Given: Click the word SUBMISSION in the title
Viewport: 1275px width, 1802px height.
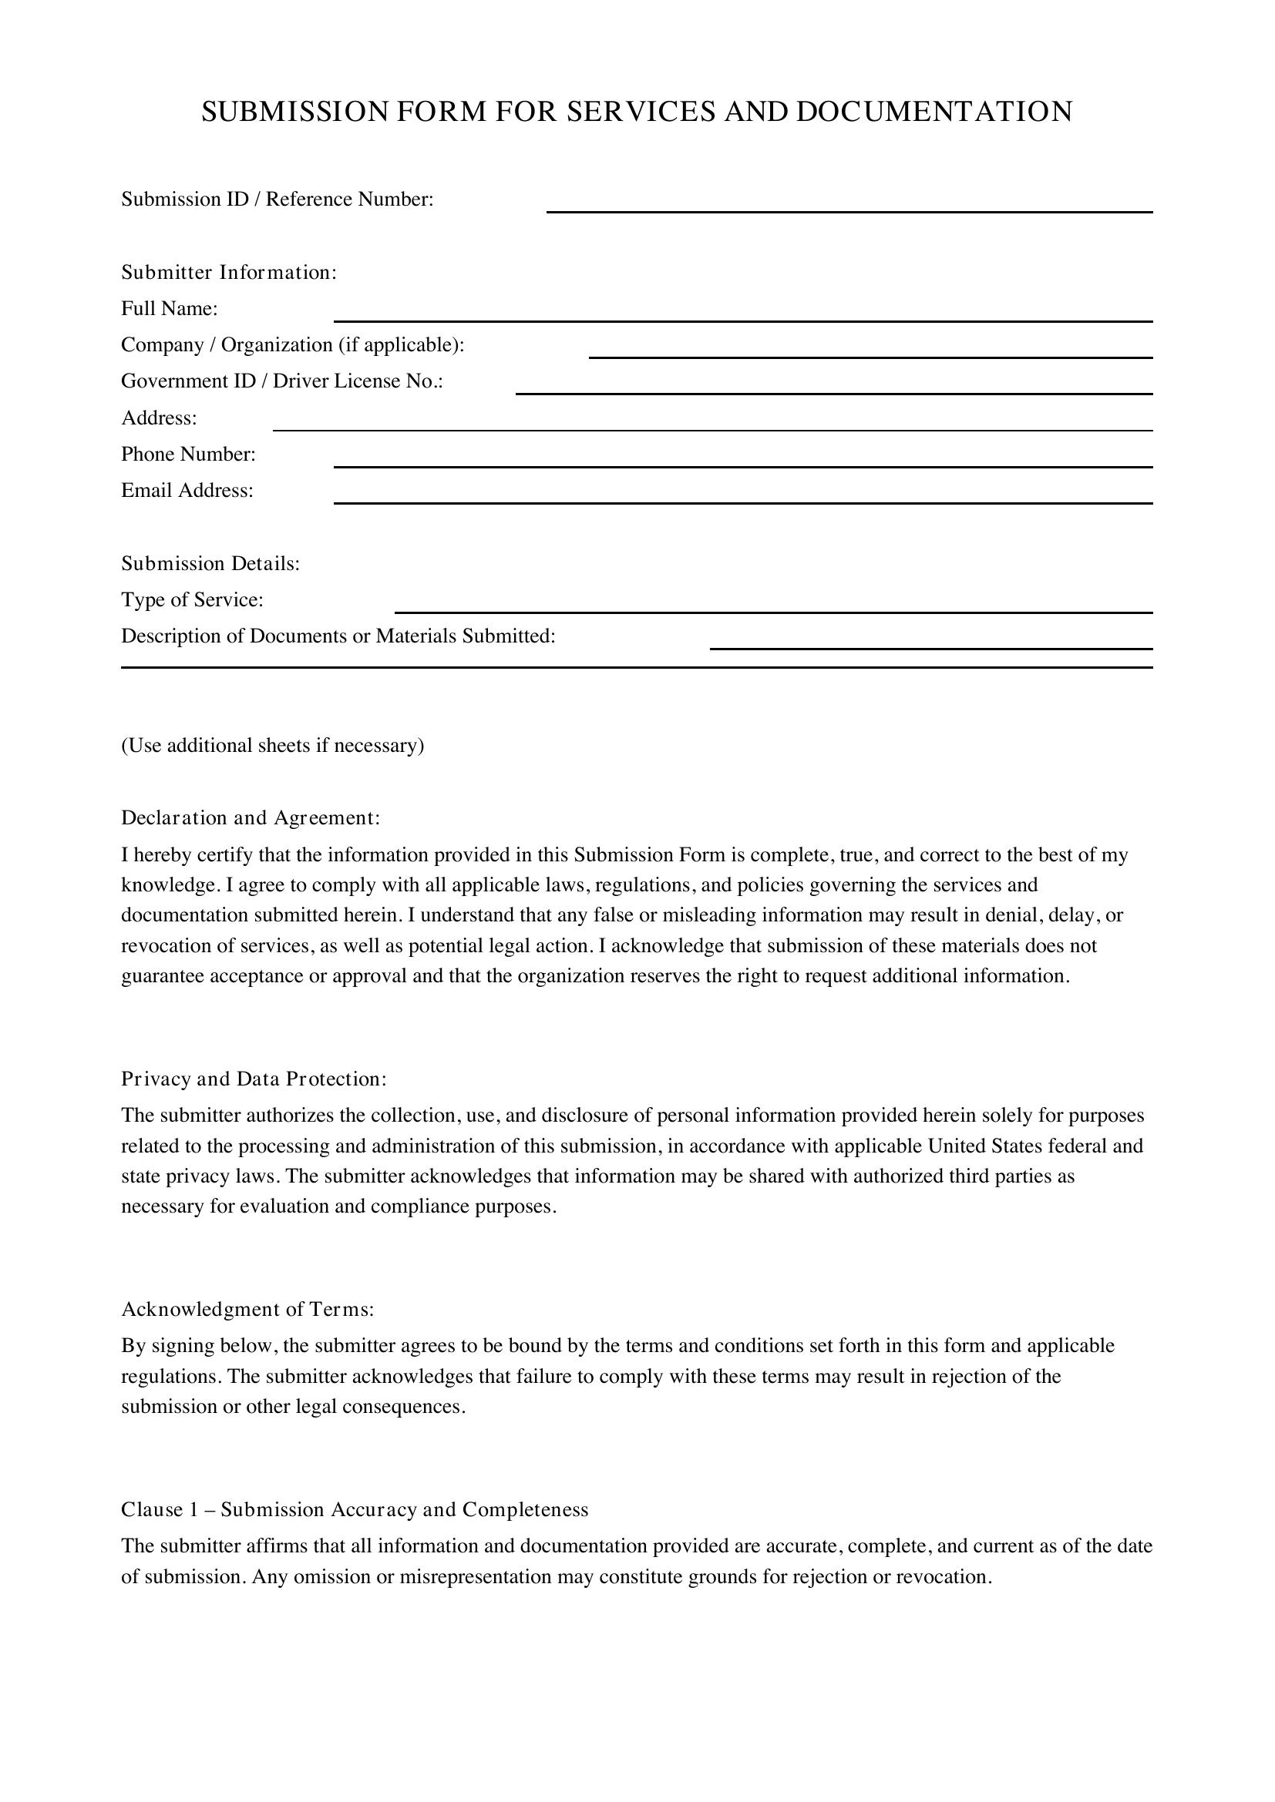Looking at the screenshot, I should click(294, 112).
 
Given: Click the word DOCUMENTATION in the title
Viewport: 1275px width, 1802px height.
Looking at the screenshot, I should click(934, 112).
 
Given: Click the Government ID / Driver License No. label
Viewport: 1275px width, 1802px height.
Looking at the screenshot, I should click(282, 381).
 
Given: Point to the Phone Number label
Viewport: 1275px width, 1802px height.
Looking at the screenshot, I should click(188, 455).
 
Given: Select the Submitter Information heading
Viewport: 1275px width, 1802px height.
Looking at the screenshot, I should click(228, 272).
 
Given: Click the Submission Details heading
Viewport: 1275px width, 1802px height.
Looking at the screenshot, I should click(210, 563).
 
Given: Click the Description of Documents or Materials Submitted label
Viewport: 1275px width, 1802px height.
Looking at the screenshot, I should click(338, 636).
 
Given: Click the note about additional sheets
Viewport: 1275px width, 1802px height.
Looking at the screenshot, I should click(272, 746).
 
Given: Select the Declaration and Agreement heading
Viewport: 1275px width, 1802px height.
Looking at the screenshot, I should click(251, 819).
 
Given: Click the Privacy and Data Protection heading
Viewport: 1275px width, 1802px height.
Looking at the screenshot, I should click(254, 1079).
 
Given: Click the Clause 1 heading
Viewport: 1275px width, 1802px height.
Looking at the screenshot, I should click(354, 1510).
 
